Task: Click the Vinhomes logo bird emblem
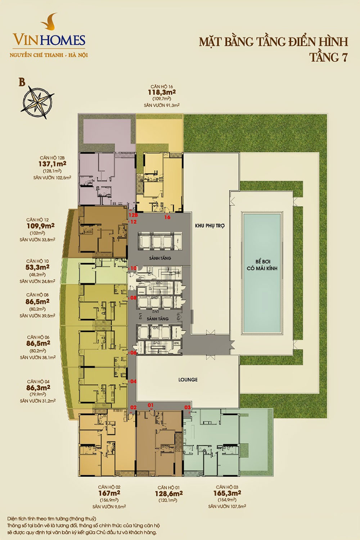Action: (x=49, y=22)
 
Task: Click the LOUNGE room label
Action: (x=188, y=379)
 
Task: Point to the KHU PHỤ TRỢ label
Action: (x=210, y=226)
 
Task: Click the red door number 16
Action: (x=167, y=217)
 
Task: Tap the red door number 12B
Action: (x=133, y=215)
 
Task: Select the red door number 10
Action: (x=133, y=268)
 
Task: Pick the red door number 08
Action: (x=133, y=298)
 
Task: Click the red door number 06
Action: (x=133, y=353)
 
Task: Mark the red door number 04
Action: (x=133, y=381)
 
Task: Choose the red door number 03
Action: (x=188, y=407)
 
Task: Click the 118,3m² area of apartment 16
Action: (x=162, y=92)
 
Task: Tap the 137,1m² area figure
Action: (x=52, y=164)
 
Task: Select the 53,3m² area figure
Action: (x=37, y=267)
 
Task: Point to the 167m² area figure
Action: (x=109, y=493)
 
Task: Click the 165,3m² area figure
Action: (x=227, y=493)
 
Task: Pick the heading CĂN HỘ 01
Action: (x=168, y=487)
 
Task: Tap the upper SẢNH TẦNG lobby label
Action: (x=160, y=258)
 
